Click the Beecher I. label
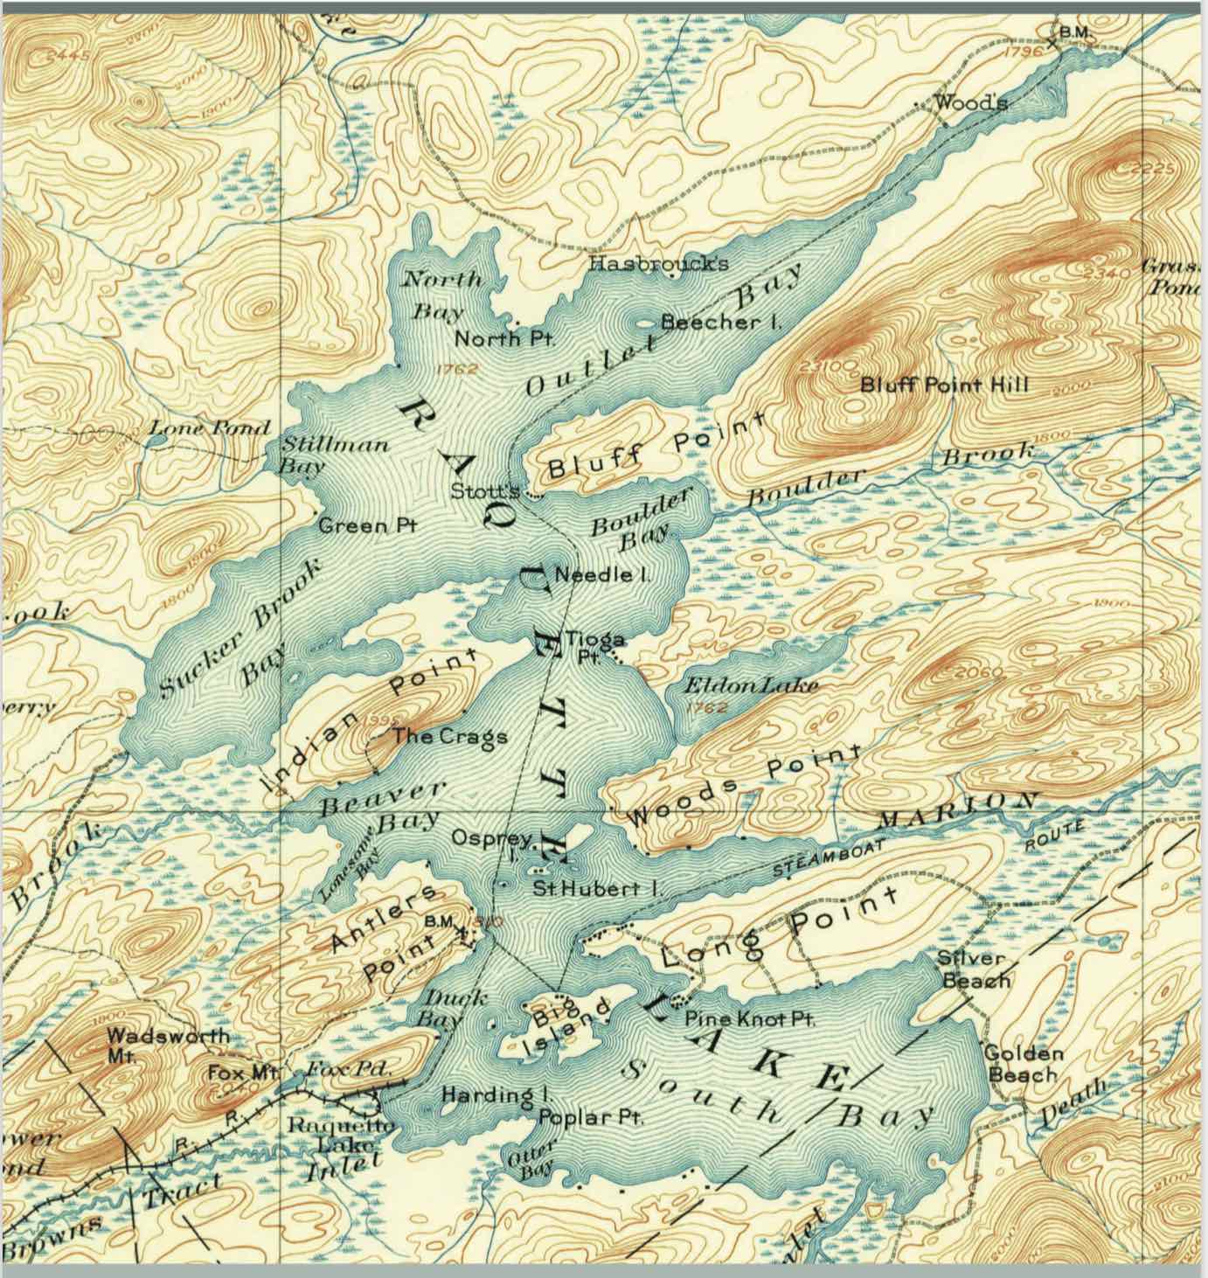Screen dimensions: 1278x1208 (x=720, y=323)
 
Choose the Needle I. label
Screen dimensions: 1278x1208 (x=606, y=575)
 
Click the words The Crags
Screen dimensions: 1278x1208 (x=449, y=736)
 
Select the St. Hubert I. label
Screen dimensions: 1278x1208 (x=600, y=889)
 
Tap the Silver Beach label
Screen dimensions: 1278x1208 (x=973, y=969)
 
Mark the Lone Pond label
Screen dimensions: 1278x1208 (x=209, y=428)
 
